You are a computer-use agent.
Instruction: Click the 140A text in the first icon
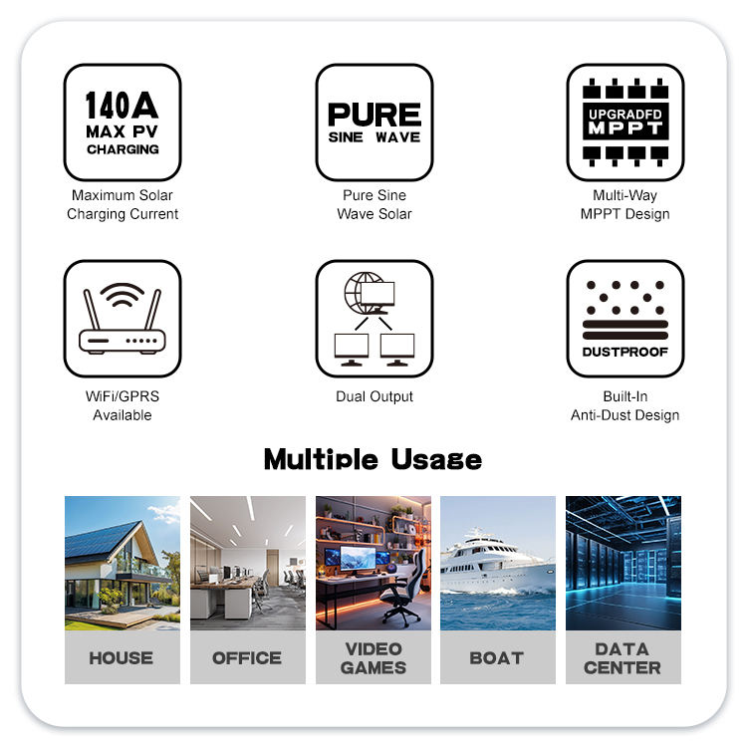coord(122,105)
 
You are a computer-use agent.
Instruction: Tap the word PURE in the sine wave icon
coord(374,114)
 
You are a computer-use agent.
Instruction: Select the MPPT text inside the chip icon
coord(625,129)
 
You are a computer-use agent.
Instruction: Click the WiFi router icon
coord(122,318)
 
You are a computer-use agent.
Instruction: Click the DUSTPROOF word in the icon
coord(625,353)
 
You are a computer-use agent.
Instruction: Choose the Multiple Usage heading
coord(373,459)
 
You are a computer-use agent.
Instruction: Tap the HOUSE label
coord(122,657)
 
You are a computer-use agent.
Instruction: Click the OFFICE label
coord(247,657)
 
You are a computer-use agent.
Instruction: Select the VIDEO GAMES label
coord(373,657)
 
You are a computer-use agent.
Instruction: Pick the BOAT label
coord(496,657)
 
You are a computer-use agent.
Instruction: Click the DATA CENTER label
coord(622,657)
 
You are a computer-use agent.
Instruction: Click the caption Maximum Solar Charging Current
coord(123,205)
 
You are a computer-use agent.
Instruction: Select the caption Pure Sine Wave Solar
coord(374,205)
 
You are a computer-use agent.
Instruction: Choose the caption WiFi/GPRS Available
coord(123,405)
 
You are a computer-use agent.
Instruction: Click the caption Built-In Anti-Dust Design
coord(625,405)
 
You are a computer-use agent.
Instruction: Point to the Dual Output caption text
coord(374,396)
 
